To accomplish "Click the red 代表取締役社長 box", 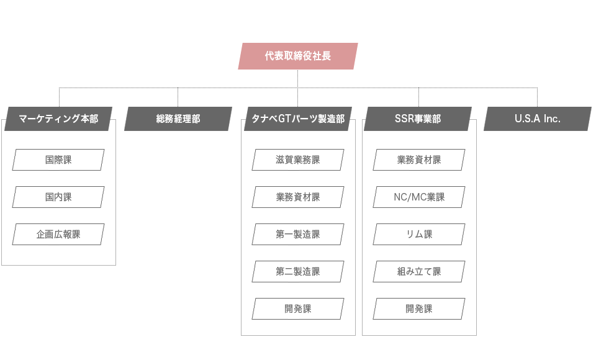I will (298, 56).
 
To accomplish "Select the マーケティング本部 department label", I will (58, 119).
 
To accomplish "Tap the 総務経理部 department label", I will (178, 119).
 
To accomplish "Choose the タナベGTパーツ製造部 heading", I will (298, 119).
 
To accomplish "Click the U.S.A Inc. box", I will (538, 119).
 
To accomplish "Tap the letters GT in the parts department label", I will (284, 119).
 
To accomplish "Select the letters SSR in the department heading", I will (404, 119).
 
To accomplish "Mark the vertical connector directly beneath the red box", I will (298, 78).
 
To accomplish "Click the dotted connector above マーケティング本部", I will (60, 97).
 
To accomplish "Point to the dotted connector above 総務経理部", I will (178, 97).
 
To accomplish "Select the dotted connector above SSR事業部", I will (419, 97).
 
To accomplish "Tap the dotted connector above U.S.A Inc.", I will (537, 97).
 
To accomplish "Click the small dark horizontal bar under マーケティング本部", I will (58, 234).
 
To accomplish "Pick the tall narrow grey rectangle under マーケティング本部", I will (58, 178).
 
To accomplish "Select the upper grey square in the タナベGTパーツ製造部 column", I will (298, 178).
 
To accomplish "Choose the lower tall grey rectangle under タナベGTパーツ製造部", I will (298, 271).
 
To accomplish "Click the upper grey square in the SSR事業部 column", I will (419, 178).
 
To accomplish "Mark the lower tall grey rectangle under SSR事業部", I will (419, 271).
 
